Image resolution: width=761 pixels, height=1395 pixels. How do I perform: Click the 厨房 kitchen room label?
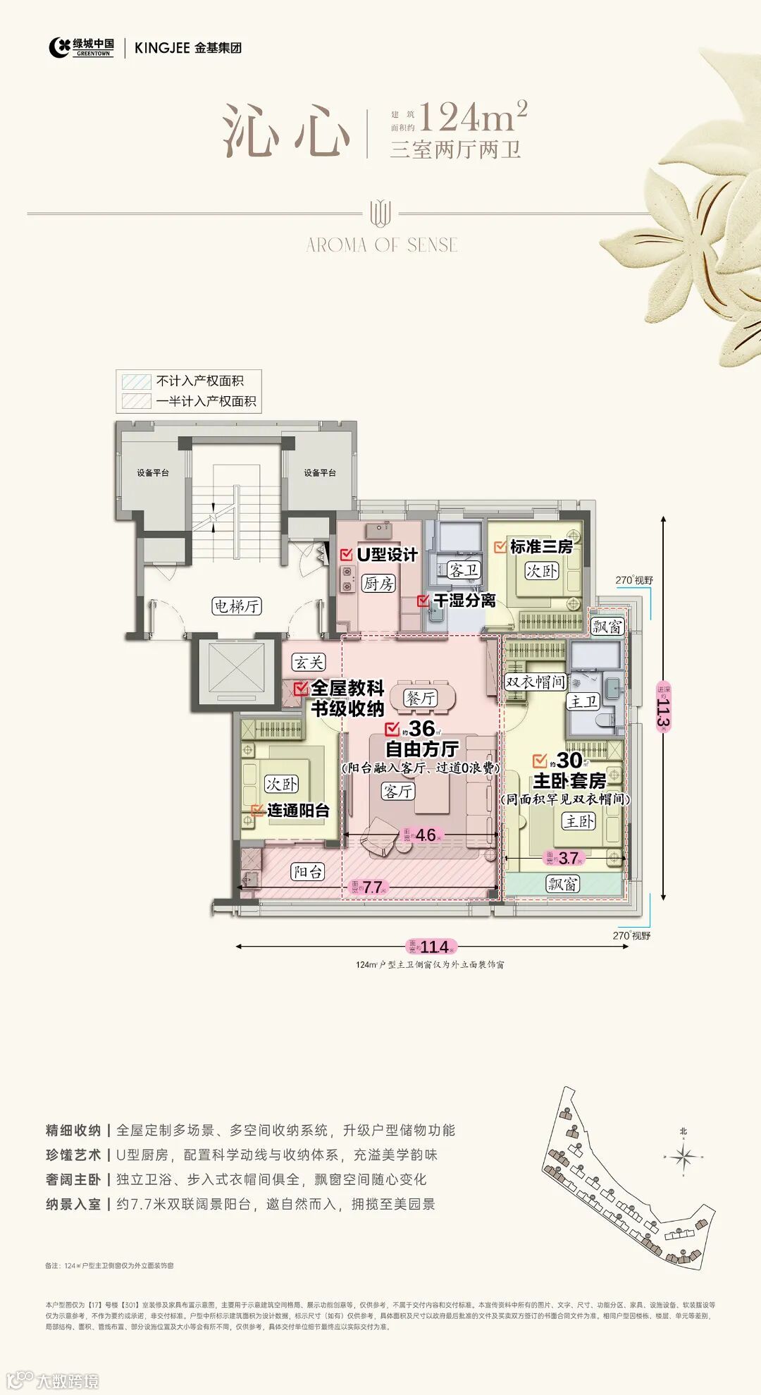(378, 583)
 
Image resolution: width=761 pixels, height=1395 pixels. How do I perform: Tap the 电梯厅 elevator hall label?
(237, 606)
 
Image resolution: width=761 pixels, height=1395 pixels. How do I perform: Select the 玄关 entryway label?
(309, 662)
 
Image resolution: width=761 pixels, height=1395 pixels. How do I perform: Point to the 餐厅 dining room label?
(420, 698)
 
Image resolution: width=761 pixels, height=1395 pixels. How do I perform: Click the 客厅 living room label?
(398, 791)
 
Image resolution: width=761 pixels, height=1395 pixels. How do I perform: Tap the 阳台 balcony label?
(308, 872)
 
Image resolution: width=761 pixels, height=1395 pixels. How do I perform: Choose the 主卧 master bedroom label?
(579, 821)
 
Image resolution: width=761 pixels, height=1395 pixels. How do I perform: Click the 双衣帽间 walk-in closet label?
(536, 682)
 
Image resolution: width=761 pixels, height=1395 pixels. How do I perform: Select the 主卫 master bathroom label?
(583, 701)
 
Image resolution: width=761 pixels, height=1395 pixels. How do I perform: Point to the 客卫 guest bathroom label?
(464, 570)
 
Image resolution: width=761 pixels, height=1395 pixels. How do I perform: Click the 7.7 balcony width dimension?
(372, 887)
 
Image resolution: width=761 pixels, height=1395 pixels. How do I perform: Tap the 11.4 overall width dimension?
(432, 947)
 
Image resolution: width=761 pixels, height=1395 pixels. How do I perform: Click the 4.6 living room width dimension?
(425, 835)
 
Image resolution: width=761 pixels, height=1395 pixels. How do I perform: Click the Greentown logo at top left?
(82, 47)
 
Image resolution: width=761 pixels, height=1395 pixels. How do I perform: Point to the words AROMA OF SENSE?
(382, 245)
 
